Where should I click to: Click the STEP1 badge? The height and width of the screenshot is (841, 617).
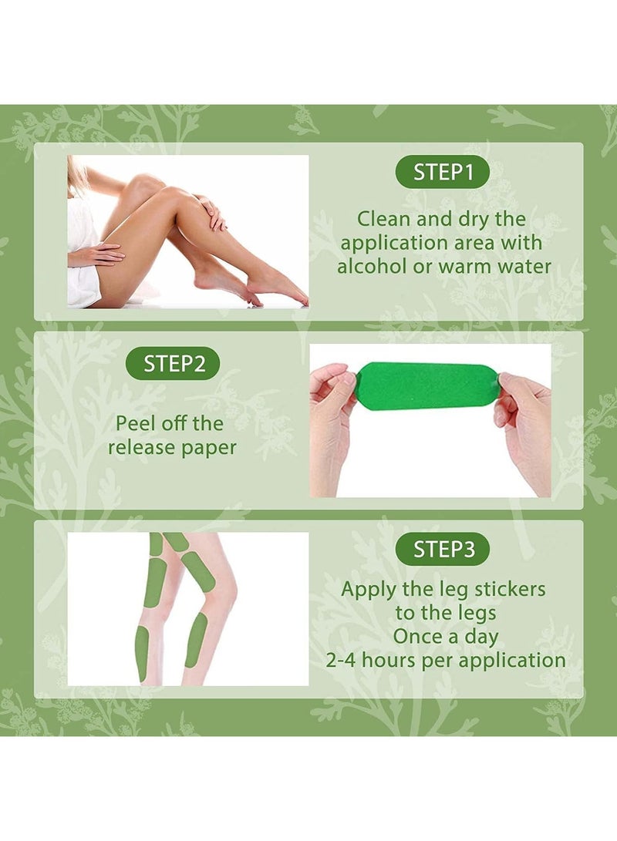442,172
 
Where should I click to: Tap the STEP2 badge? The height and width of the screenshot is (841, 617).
173,364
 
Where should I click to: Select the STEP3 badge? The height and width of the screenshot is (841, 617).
442,549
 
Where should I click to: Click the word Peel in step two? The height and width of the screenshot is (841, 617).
134,423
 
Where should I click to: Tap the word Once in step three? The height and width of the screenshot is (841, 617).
417,636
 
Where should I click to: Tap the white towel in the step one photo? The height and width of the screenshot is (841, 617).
83,257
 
